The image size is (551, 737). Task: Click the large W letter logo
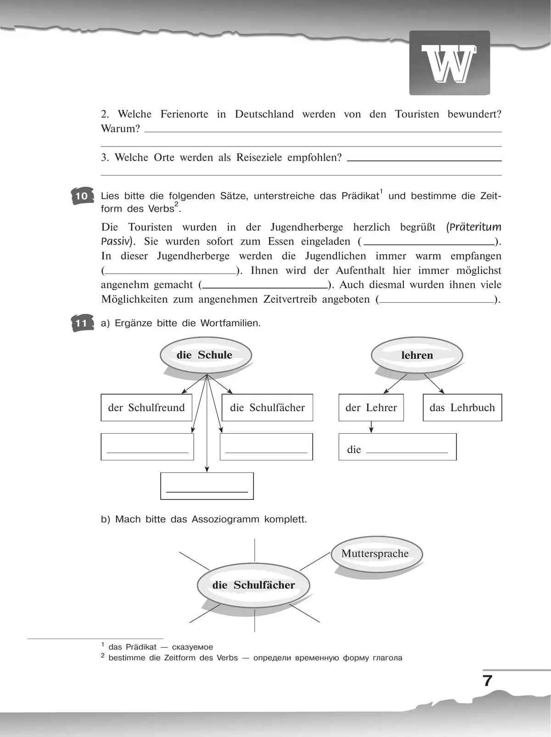[449, 63]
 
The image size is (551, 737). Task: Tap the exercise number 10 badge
[82, 196]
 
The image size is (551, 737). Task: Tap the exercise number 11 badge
[82, 323]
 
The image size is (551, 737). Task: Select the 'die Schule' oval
[205, 355]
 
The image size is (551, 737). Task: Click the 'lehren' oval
[417, 355]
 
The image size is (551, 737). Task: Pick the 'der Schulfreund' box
[146, 408]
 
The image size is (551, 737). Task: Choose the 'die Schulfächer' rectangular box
[267, 408]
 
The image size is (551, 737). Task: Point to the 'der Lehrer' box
[371, 408]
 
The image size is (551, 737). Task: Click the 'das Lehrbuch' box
[462, 408]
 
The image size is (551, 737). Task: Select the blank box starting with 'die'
[397, 447]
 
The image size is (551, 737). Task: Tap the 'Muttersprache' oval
[375, 554]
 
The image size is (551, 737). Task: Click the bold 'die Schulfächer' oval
[253, 585]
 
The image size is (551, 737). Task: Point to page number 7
[488, 680]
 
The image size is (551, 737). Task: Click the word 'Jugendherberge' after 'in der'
[307, 227]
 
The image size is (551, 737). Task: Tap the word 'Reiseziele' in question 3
[259, 158]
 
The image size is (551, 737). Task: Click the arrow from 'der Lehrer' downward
[371, 427]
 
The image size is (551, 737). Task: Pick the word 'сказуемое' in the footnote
[192, 647]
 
